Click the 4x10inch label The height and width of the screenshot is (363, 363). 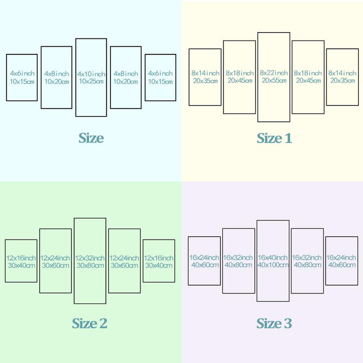[x=91, y=74]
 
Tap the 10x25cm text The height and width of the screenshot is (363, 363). [x=91, y=81]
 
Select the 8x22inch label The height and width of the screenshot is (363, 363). [x=274, y=73]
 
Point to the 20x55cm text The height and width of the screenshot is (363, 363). [x=274, y=80]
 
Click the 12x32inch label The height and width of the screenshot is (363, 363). [x=90, y=258]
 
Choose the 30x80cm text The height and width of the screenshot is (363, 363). [x=90, y=266]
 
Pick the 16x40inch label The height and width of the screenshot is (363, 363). [x=273, y=257]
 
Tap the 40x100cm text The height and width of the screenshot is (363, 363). [x=273, y=265]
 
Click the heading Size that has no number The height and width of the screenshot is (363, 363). [x=91, y=138]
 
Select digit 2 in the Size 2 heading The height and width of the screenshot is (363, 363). [x=103, y=323]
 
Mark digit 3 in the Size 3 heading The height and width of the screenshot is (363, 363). [x=288, y=324]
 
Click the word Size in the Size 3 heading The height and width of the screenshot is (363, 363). [x=269, y=323]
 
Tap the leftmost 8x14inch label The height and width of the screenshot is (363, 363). [x=205, y=73]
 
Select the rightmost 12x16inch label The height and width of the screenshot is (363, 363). [x=159, y=258]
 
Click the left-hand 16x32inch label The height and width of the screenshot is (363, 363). [x=238, y=257]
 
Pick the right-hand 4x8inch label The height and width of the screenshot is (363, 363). [x=125, y=74]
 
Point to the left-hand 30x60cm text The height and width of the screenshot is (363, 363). [x=55, y=266]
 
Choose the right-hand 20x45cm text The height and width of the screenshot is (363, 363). [x=309, y=80]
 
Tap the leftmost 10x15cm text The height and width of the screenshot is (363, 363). [x=22, y=81]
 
